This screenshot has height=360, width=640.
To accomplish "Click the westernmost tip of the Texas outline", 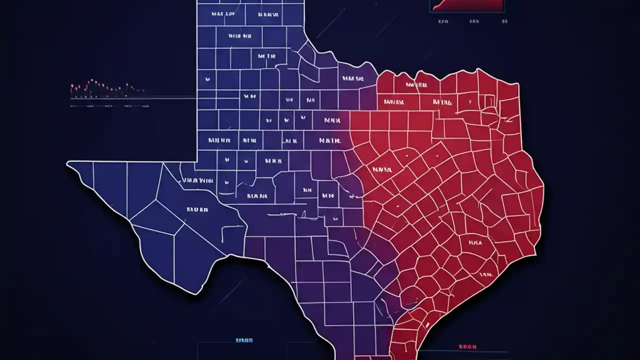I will point(68,163).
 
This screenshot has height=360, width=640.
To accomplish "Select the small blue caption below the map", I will point(244,340).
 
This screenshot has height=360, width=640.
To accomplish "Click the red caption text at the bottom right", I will point(467,346).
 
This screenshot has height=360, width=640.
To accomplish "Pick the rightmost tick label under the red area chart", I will point(504,21).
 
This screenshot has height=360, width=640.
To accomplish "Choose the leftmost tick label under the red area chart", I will point(443,21).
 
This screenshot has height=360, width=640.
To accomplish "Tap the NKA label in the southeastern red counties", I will point(475,242).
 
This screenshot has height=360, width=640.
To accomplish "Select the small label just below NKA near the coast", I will point(485,274).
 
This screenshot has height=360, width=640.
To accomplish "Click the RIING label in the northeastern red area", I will point(442,102).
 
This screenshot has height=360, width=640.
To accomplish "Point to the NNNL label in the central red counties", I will point(382,169).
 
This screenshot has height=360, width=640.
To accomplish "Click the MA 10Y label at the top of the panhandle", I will point(223,14).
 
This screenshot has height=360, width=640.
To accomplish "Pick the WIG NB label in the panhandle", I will point(240,36).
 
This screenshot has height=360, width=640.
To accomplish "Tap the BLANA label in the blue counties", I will point(257,196).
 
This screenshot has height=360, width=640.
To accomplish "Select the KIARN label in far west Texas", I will point(197,210).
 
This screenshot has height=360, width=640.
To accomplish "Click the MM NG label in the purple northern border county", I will point(352,78).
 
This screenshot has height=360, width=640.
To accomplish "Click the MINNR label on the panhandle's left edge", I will point(219,141).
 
